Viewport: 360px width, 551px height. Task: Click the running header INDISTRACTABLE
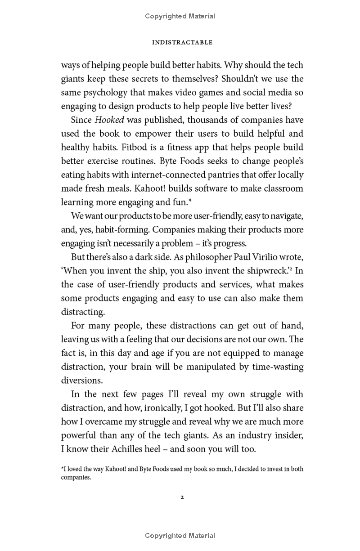coord(182,42)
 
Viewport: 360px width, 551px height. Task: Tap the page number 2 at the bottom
coord(182,497)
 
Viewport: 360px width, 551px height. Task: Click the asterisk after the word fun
coord(190,201)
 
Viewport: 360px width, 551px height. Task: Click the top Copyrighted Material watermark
coord(180,16)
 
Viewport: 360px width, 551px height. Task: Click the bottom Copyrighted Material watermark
coord(180,536)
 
